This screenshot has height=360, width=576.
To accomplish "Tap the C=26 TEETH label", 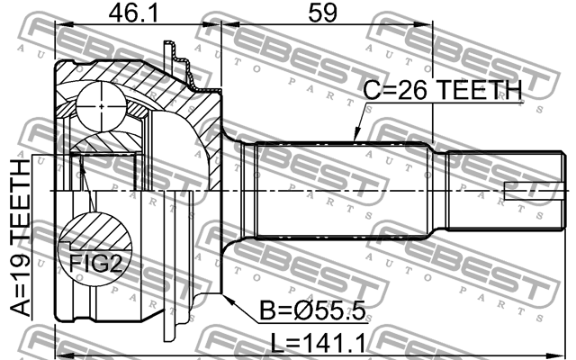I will coord(442,90).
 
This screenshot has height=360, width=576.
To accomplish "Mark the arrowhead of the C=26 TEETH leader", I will coord(355,138).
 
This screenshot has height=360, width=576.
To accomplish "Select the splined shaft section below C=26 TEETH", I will coord(351,190).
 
